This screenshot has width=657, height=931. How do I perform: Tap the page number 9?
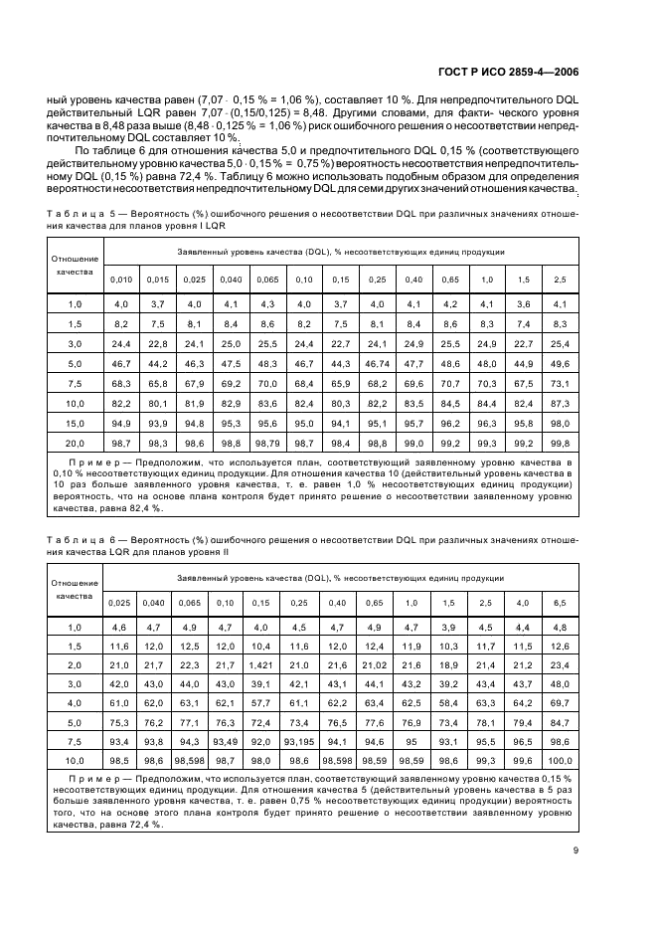tap(575, 848)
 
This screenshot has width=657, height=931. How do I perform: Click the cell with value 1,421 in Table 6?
tap(260, 664)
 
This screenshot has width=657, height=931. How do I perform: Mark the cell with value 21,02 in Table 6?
tap(374, 664)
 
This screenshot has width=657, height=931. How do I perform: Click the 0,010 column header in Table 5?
tap(120, 279)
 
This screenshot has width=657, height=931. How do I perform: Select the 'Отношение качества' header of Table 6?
tap(75, 589)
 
